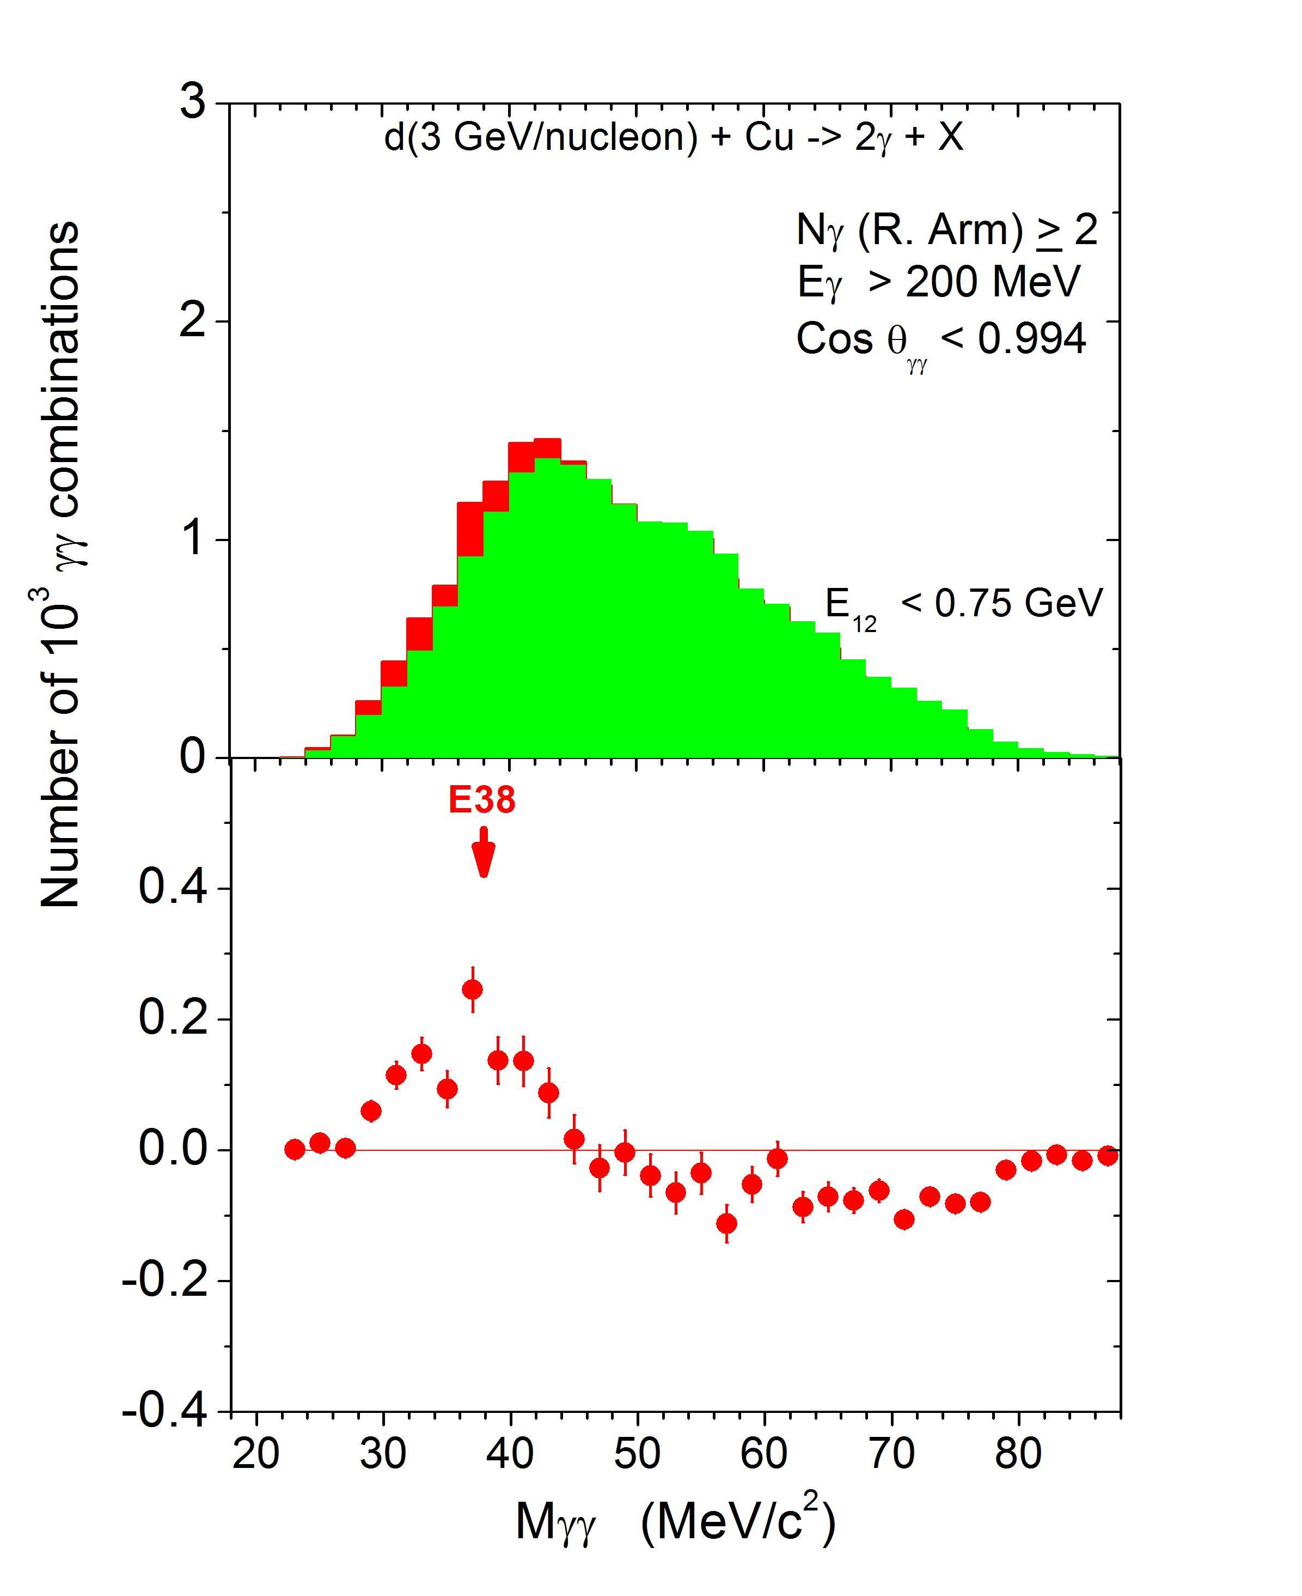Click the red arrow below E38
pyautogui.click(x=484, y=852)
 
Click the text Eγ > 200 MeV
pyautogui.click(x=938, y=283)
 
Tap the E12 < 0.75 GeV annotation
pyautogui.click(x=964, y=605)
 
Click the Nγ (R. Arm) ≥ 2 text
pyautogui.click(x=946, y=229)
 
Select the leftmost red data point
pyautogui.click(x=295, y=1150)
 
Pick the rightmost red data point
pyautogui.click(x=1108, y=1156)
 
